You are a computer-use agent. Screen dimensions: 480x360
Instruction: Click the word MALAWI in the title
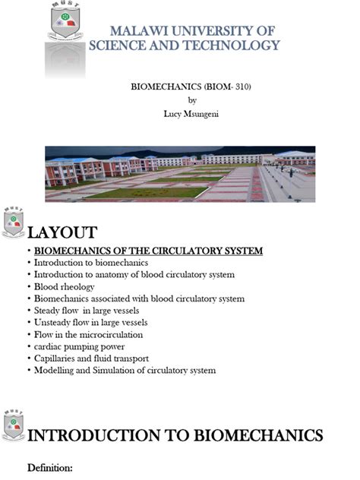click(x=137, y=31)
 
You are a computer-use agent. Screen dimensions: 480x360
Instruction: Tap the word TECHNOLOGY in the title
click(x=238, y=46)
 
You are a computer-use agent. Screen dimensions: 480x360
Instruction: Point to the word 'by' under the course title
click(x=191, y=100)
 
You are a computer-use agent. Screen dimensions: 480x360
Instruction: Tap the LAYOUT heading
click(x=62, y=232)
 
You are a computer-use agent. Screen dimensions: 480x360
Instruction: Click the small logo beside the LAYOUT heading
click(x=14, y=223)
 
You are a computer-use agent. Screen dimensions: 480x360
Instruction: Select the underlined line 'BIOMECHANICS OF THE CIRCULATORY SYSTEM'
click(x=149, y=251)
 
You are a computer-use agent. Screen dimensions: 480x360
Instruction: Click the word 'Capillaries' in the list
click(x=57, y=358)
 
